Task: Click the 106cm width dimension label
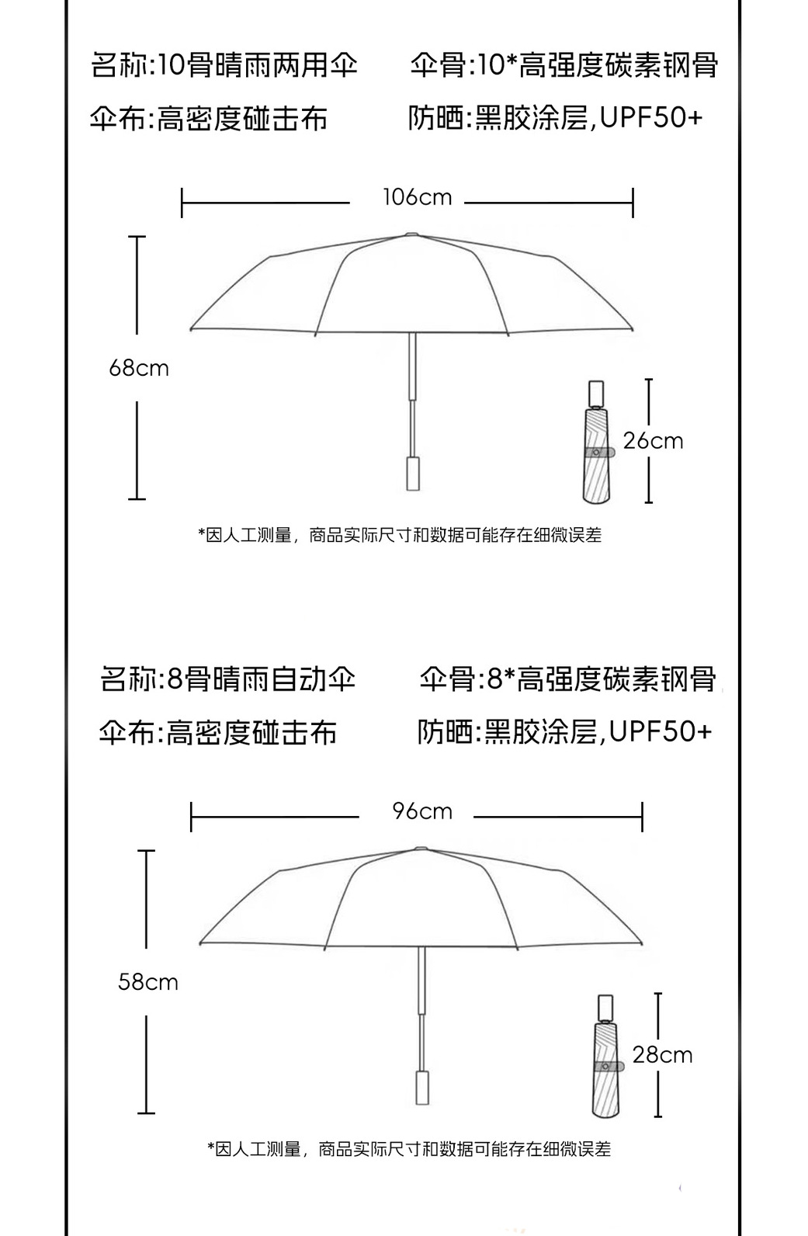pyautogui.click(x=417, y=197)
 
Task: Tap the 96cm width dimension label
pyautogui.click(x=422, y=811)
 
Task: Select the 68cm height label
pyautogui.click(x=139, y=367)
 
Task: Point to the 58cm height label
pyautogui.click(x=148, y=982)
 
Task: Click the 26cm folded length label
pyautogui.click(x=653, y=441)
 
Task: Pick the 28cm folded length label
pyautogui.click(x=662, y=1054)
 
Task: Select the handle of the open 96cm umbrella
pyautogui.click(x=423, y=1087)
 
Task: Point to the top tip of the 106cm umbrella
pyautogui.click(x=411, y=234)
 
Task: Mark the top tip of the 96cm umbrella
pyautogui.click(x=421, y=848)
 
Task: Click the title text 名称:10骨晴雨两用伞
pyautogui.click(x=224, y=65)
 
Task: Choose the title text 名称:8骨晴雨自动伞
pyautogui.click(x=228, y=679)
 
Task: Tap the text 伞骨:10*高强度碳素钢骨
pyautogui.click(x=564, y=65)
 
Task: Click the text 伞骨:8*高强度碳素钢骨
pyautogui.click(x=568, y=679)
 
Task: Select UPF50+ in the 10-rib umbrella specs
pyautogui.click(x=650, y=118)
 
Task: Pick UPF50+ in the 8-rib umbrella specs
pyautogui.click(x=660, y=731)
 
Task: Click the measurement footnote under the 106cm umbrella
pyautogui.click(x=400, y=535)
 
